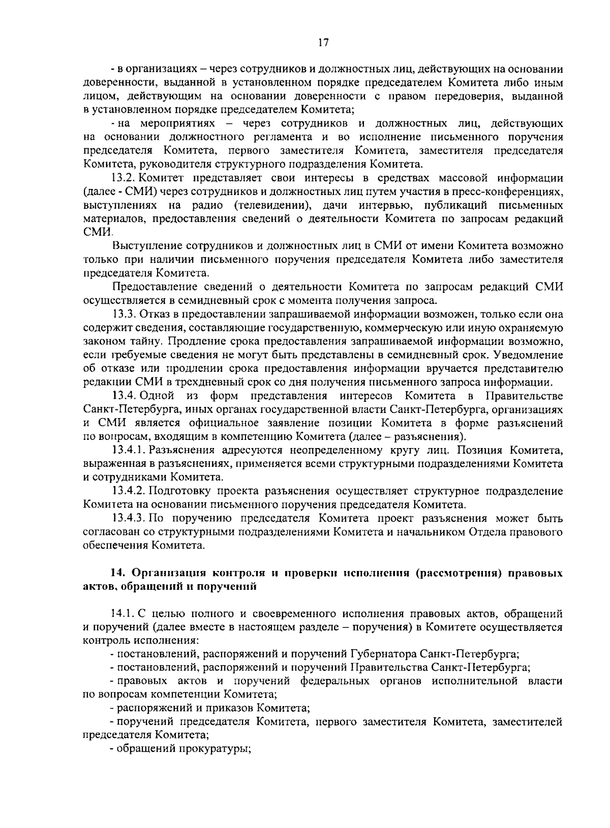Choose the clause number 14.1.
tap(124, 614)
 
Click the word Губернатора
tap(384, 655)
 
